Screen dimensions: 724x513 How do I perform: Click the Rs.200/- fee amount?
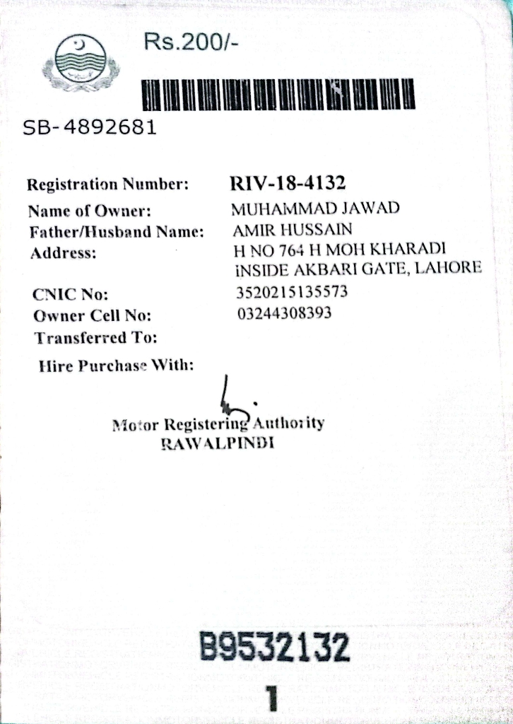pos(190,43)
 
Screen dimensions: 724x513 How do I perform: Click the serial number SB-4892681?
pos(89,128)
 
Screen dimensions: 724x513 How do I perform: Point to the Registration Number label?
pos(107,185)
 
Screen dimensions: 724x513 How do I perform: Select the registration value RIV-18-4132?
pos(288,185)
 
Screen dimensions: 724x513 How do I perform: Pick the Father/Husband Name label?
pos(117,231)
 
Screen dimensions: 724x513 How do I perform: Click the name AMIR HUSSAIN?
pos(292,230)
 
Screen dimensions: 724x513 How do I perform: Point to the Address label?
pos(62,253)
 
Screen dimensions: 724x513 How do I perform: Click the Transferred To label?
pos(95,338)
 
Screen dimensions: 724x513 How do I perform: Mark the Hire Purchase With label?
pos(117,366)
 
